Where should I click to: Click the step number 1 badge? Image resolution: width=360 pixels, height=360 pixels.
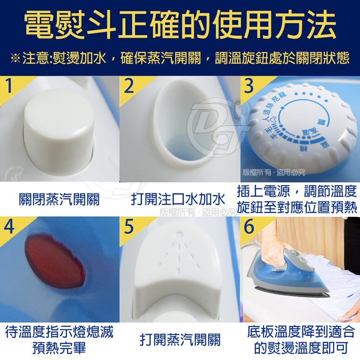click(10, 87)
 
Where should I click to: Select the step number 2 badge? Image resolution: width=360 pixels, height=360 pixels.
click(129, 87)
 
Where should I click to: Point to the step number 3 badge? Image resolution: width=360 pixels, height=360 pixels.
click(249, 86)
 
